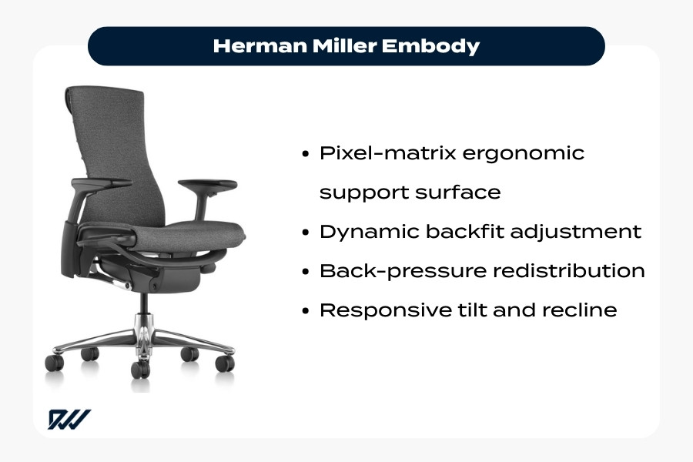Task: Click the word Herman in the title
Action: coord(248,46)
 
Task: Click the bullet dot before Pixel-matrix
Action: coord(306,153)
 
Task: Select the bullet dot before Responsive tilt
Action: coord(306,311)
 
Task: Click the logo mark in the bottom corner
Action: coord(69,419)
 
